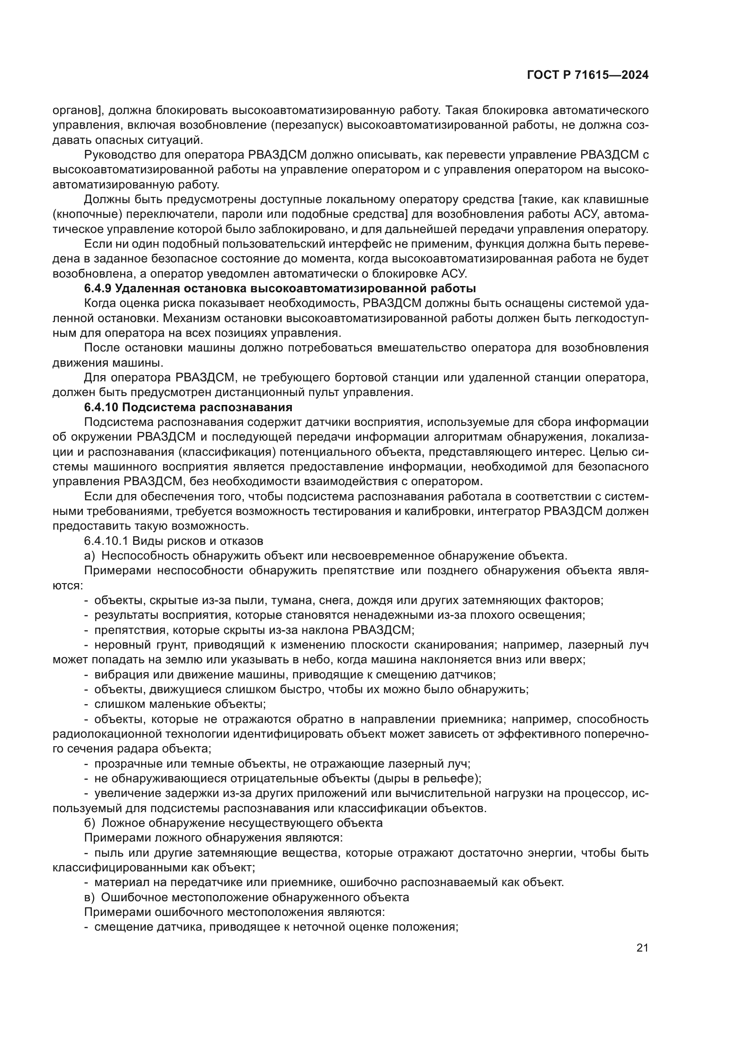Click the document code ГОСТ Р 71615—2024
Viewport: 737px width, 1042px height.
[587, 75]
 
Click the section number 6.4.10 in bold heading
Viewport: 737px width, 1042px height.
[100, 407]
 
